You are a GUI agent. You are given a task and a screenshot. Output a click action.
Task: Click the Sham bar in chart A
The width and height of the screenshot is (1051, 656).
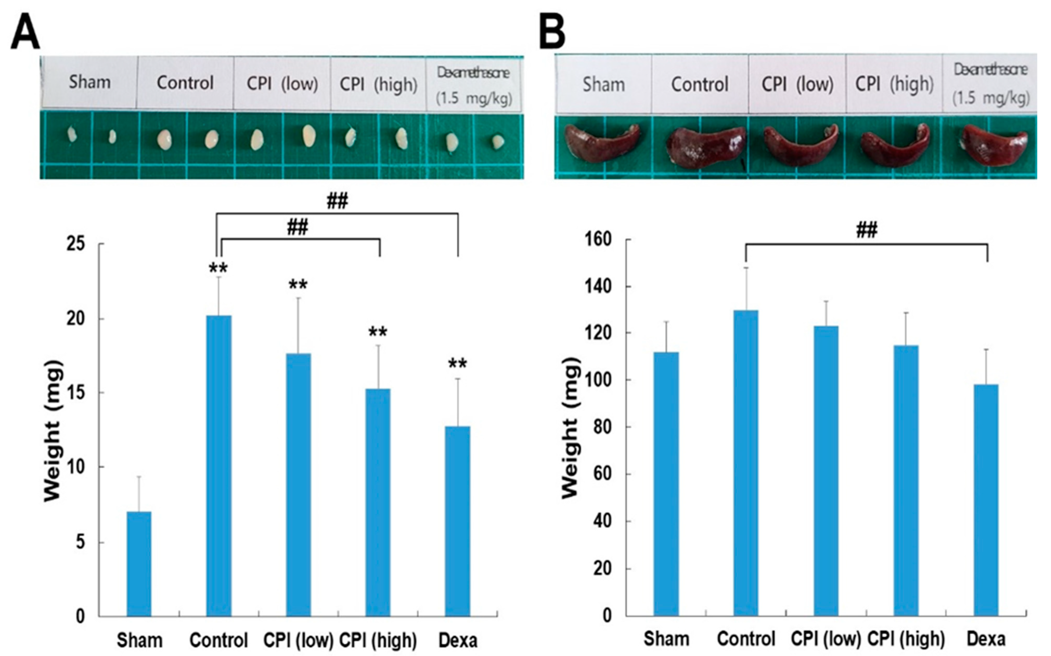pos(139,564)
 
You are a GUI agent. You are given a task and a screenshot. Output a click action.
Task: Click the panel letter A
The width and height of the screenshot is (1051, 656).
pos(25,34)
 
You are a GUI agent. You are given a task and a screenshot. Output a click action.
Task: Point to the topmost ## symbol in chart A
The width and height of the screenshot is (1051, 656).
pos(337,200)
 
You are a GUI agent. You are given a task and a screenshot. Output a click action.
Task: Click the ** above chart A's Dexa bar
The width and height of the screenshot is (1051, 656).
pos(457,363)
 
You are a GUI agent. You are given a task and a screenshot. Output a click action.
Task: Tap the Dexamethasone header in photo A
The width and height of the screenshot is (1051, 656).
pos(473,73)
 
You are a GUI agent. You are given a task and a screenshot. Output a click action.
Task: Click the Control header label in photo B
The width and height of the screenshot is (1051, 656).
pos(700,85)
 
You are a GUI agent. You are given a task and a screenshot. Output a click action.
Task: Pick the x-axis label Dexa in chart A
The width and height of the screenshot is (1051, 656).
pos(458,640)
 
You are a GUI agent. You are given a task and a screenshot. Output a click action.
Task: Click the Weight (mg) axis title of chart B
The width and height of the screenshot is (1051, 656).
pos(571,427)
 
